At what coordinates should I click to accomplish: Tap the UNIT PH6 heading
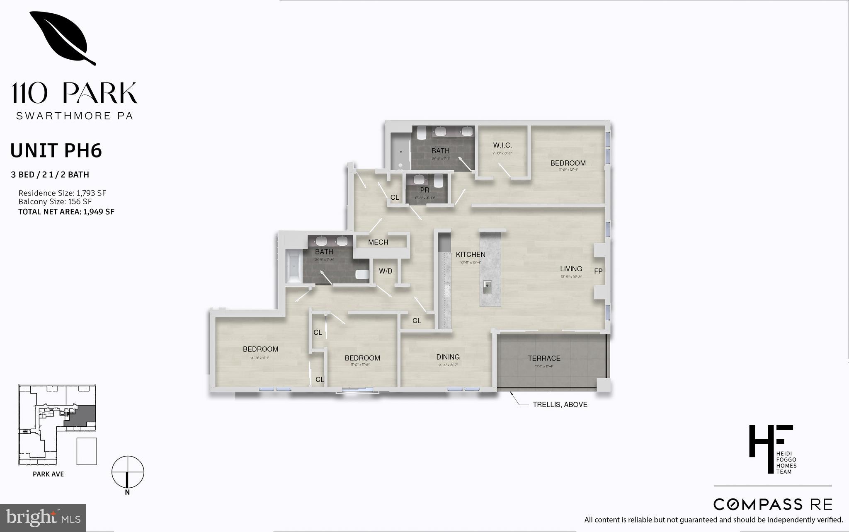56,151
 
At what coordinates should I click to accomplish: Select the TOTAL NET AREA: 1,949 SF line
66,212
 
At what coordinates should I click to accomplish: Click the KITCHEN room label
471,254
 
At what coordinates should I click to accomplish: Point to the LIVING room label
571,269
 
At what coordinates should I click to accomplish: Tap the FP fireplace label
598,271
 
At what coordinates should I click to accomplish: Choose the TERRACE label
544,358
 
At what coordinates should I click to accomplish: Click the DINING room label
448,357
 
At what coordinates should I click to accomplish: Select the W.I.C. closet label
502,145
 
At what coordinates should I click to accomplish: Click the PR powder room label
424,191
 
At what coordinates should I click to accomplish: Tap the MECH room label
378,242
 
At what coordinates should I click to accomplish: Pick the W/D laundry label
386,271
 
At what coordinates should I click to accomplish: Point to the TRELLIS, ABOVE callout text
560,405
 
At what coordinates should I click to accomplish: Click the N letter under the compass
128,493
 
